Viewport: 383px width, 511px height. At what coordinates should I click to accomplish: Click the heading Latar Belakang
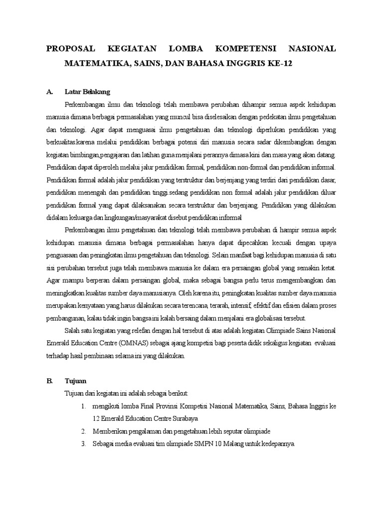[x=87, y=92]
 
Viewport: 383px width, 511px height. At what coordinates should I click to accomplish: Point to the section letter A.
[x=49, y=92]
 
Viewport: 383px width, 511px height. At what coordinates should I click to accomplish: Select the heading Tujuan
[x=75, y=381]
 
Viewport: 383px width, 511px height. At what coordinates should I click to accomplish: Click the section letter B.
[x=49, y=381]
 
